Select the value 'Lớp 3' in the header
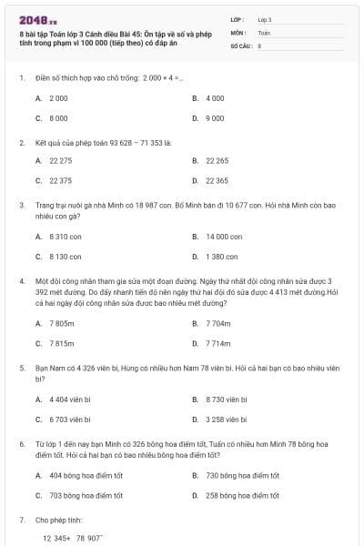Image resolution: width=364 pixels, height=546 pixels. click(x=265, y=19)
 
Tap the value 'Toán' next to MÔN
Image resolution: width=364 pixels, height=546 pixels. click(x=264, y=32)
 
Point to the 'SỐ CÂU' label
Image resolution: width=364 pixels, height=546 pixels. click(x=239, y=45)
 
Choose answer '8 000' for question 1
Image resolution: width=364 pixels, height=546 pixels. click(x=58, y=118)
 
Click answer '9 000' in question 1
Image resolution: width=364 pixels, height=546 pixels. click(x=215, y=118)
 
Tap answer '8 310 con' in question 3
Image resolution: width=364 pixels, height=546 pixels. click(x=65, y=237)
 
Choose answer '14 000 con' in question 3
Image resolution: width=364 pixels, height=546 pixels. click(x=223, y=237)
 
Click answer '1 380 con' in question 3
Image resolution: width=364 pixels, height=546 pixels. click(x=221, y=257)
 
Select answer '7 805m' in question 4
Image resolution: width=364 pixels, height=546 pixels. click(x=61, y=323)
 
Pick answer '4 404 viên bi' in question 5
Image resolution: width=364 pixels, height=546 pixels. click(x=70, y=399)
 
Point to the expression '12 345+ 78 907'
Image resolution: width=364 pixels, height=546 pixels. click(x=72, y=539)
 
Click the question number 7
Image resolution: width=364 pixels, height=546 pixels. click(x=21, y=520)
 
